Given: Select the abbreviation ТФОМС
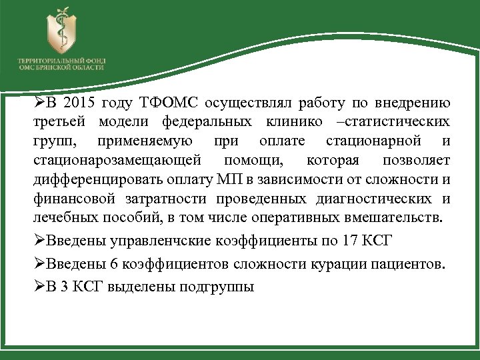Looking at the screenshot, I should coord(166,103).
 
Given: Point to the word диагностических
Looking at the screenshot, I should coord(377,199).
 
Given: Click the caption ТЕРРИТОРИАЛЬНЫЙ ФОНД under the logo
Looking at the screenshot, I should coord(61,61).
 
